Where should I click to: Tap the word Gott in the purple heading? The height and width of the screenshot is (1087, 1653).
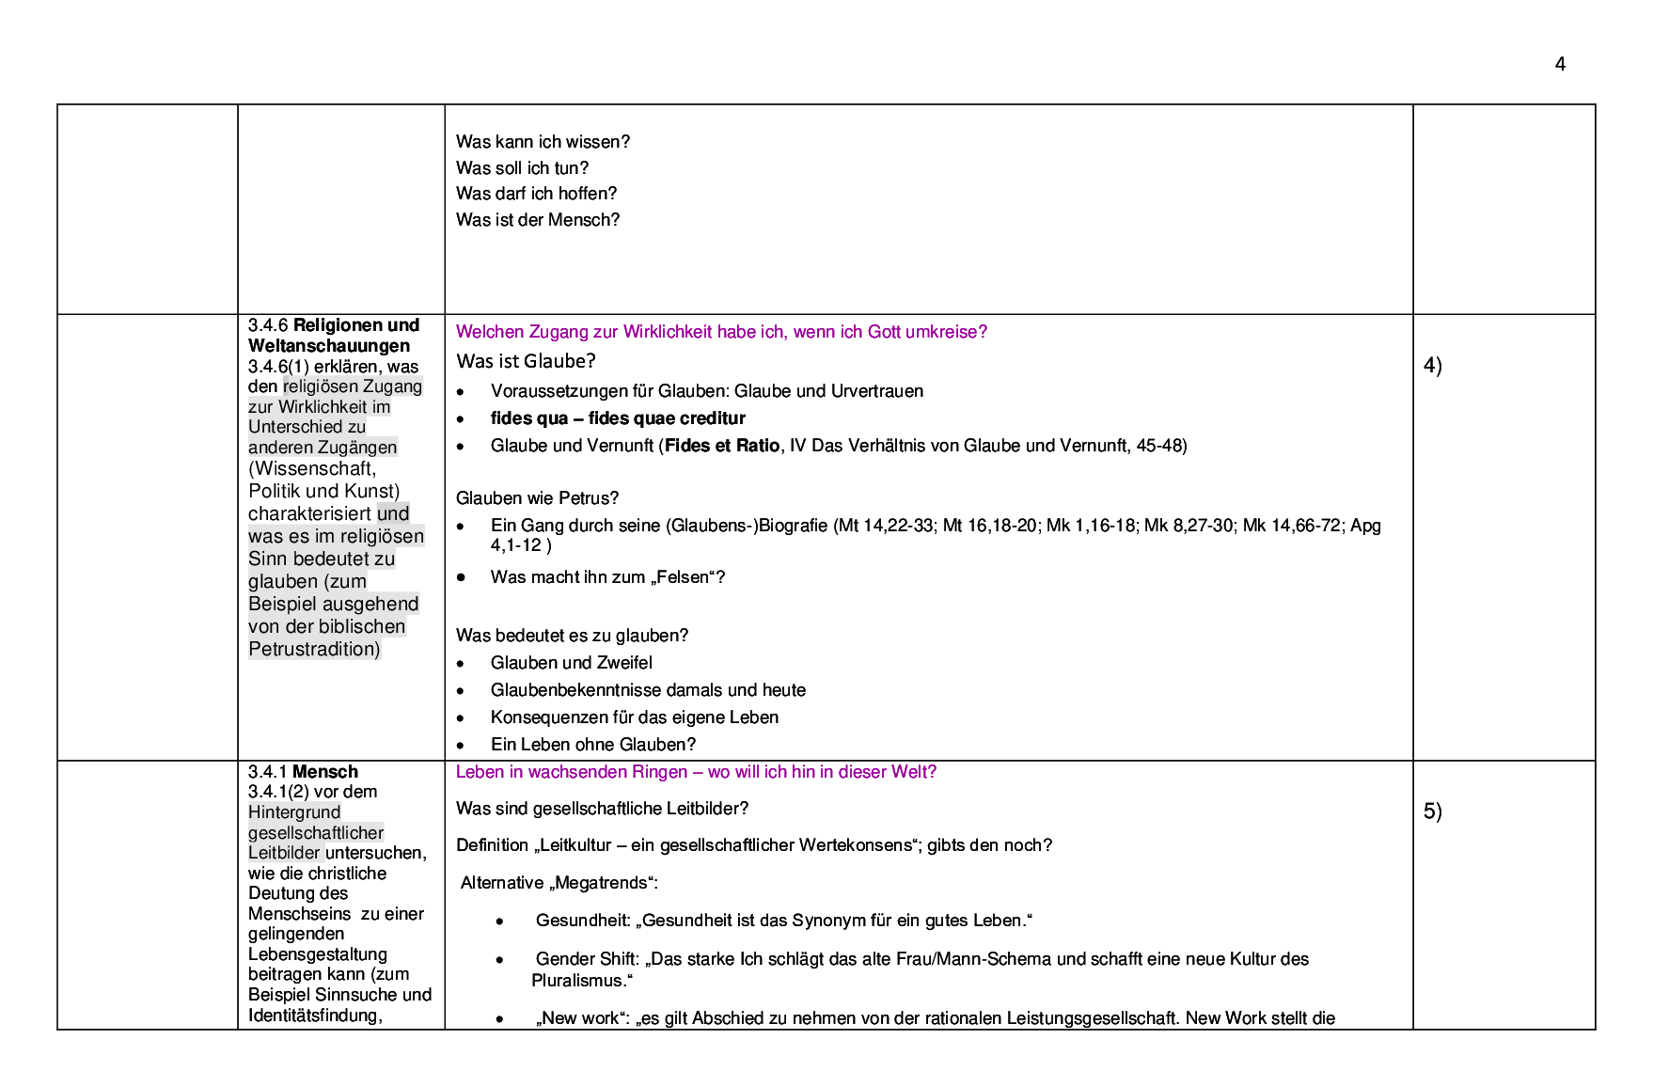(x=884, y=332)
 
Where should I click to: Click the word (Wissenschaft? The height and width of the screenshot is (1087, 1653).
(x=312, y=468)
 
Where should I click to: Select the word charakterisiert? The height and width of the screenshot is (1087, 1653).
(x=309, y=513)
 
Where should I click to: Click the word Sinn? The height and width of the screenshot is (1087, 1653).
(x=267, y=559)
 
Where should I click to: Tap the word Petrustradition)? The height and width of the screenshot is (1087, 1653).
(x=314, y=649)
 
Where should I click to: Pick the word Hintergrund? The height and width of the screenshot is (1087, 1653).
(x=294, y=811)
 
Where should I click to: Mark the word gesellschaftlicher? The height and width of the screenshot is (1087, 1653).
(x=316, y=832)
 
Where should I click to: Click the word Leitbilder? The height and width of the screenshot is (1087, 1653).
(x=284, y=853)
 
